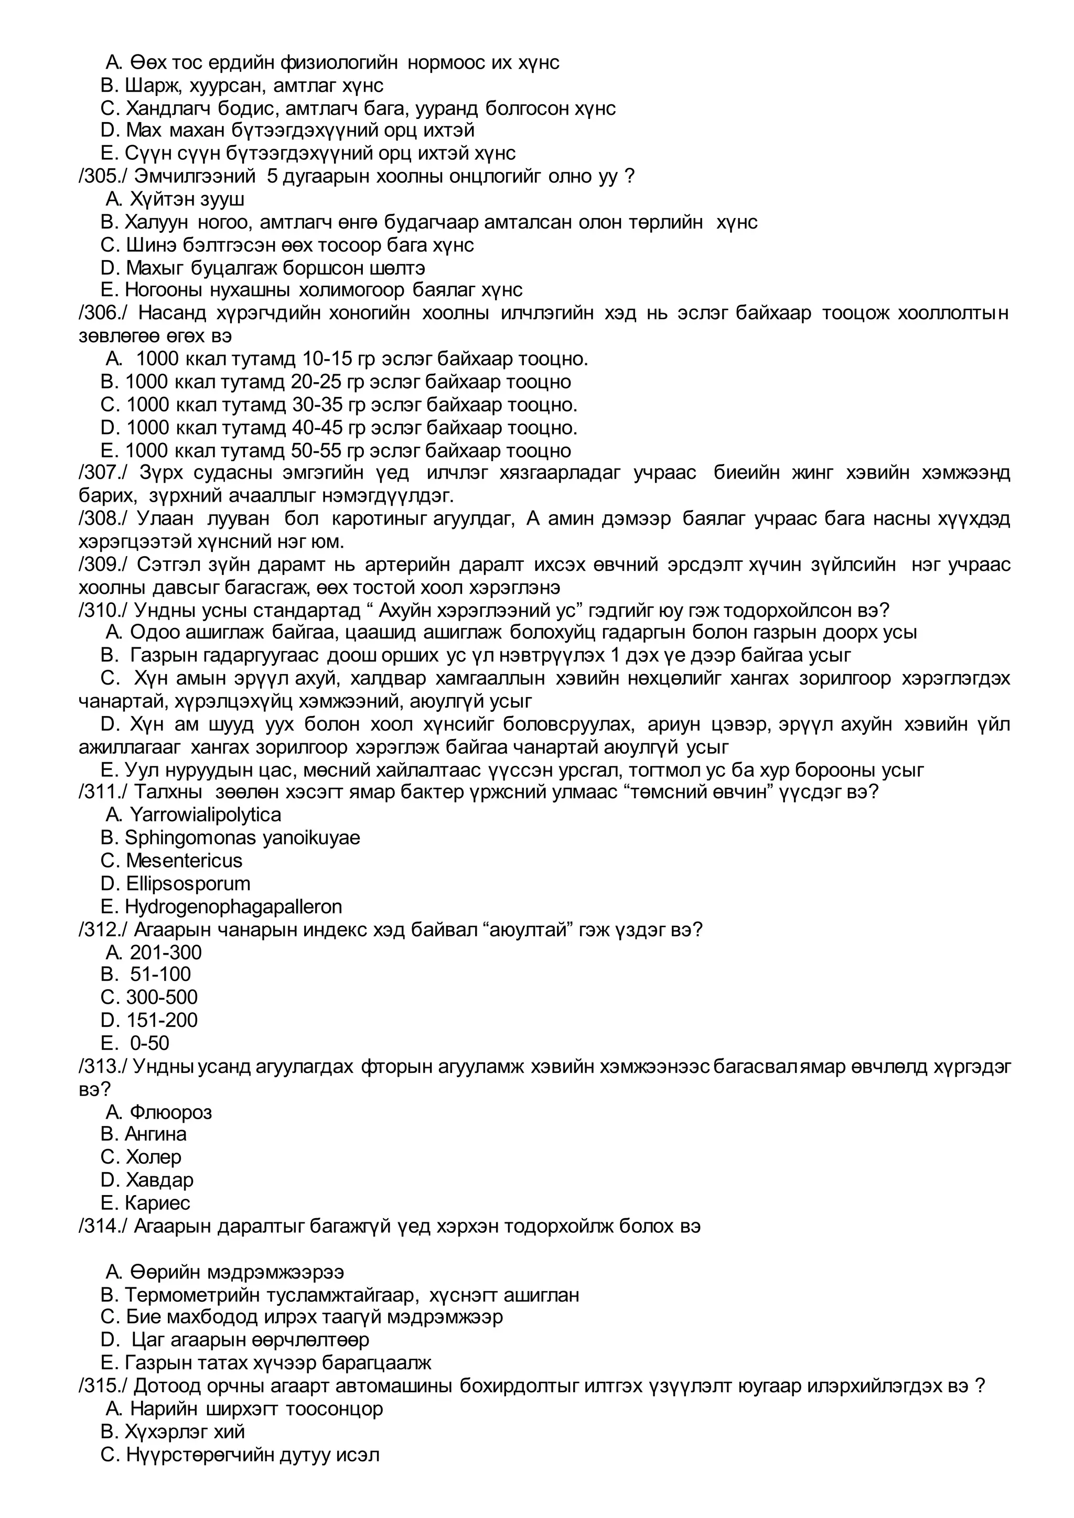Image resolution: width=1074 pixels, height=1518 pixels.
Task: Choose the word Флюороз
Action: point(170,1112)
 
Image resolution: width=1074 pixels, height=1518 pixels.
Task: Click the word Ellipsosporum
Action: point(188,883)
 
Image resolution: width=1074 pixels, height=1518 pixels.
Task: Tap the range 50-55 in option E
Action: point(316,451)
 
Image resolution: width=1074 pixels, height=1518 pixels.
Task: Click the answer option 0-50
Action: point(149,1043)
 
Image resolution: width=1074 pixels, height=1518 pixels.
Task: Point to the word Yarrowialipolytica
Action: point(205,815)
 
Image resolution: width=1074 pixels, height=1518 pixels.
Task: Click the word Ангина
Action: point(155,1134)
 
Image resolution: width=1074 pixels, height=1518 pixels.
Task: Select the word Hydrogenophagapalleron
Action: point(233,906)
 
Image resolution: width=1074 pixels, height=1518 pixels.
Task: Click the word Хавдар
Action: point(159,1179)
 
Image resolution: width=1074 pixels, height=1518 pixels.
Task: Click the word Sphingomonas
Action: point(190,838)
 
